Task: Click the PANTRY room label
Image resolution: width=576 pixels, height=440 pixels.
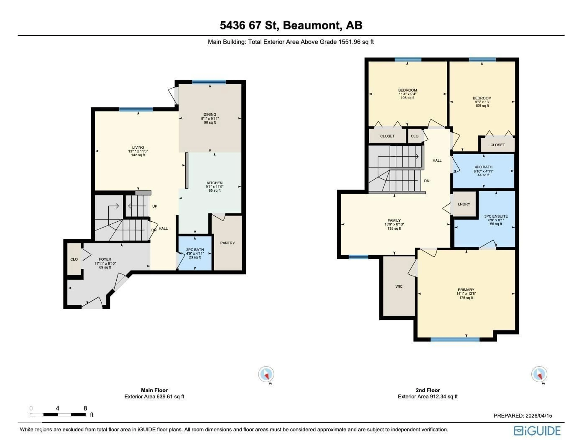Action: pyautogui.click(x=227, y=243)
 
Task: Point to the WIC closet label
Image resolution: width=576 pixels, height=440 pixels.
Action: pyautogui.click(x=399, y=286)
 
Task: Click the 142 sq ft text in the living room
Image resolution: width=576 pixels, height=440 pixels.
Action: pyautogui.click(x=138, y=155)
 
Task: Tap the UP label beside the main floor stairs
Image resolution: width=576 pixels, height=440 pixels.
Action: pyautogui.click(x=155, y=206)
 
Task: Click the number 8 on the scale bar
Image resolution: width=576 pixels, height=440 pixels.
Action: pyautogui.click(x=85, y=408)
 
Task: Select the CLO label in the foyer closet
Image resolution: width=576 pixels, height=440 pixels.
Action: pyautogui.click(x=74, y=259)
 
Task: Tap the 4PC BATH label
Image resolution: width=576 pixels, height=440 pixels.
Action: pyautogui.click(x=483, y=167)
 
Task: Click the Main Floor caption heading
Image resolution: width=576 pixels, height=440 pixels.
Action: pyautogui.click(x=154, y=390)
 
